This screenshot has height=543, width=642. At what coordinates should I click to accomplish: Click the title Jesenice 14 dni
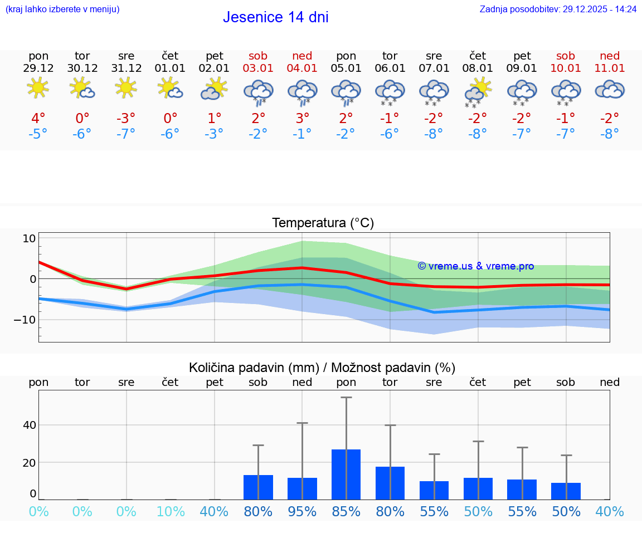pos(275,17)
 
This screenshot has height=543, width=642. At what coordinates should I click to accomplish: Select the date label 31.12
pos(127,69)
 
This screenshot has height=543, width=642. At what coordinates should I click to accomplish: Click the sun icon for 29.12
pos(38,88)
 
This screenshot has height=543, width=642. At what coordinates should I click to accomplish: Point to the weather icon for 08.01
pos(478,91)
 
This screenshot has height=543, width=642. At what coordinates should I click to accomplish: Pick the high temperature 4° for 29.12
pos(38,119)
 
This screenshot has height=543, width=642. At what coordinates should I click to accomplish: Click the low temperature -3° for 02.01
pos(214,134)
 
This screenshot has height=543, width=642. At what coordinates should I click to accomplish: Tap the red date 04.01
pos(302,69)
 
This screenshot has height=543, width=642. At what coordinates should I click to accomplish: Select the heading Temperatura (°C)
pos(323,223)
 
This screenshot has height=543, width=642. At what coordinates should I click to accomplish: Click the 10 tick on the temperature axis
pos(29,238)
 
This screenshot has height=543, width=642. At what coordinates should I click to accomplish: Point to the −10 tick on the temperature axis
pos(25,320)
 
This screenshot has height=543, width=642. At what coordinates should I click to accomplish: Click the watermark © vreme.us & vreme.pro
pos(476,266)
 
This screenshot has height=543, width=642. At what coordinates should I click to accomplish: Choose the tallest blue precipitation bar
pos(346,474)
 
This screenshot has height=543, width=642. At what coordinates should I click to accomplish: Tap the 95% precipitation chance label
pos(302,512)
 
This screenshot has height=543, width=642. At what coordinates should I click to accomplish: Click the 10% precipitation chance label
pos(170,512)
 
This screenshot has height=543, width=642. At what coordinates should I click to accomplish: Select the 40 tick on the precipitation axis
pos(29,425)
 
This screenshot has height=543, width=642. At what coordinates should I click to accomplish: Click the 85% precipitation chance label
pos(346,512)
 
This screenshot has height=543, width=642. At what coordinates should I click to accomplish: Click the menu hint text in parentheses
pos(62,9)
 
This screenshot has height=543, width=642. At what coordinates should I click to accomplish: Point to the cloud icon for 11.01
pos(609,89)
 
